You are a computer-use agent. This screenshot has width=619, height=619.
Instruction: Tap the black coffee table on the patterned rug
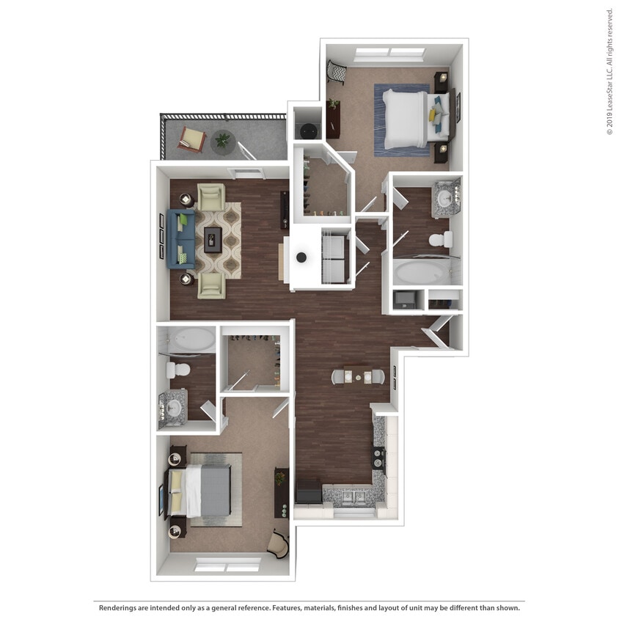(x=213, y=238)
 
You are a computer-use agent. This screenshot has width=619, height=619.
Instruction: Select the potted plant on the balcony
(x=222, y=139)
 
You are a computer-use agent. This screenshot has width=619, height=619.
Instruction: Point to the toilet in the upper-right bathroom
(x=442, y=239)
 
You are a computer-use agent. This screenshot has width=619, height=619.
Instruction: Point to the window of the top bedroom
(x=389, y=53)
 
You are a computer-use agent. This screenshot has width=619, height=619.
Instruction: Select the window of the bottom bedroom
(x=227, y=565)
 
